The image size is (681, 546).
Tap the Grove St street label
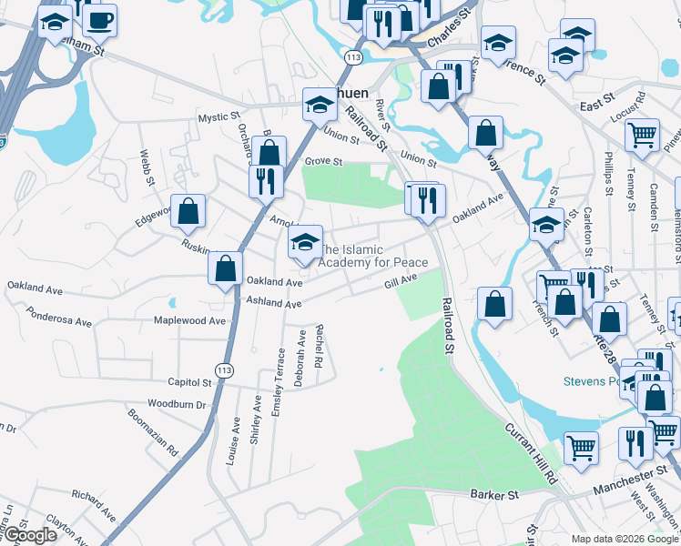click(x=323, y=162)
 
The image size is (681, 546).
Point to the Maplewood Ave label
click(x=188, y=320)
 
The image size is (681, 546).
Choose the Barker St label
click(x=493, y=494)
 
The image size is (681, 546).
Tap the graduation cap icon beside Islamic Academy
click(x=305, y=241)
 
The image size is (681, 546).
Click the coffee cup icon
click(x=99, y=19)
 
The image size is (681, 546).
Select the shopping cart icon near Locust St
click(x=643, y=135)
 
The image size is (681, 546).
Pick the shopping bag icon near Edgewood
click(x=188, y=211)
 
